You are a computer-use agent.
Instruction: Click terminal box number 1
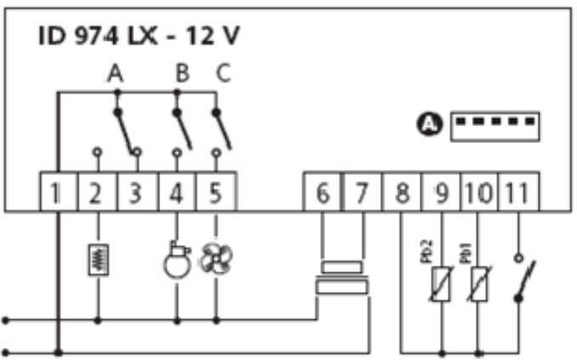coord(59,191)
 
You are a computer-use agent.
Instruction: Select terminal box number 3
coord(137,191)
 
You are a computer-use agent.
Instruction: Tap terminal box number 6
coord(323,191)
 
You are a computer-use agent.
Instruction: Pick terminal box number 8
coord(402,191)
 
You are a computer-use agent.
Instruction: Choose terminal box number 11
coord(518,191)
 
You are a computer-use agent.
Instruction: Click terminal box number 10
coord(479,191)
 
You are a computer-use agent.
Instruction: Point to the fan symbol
coord(216,259)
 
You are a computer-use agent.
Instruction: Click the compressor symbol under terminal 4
coord(177,260)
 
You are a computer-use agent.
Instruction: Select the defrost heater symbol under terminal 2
coord(98,260)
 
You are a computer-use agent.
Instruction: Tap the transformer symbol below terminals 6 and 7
coord(342,278)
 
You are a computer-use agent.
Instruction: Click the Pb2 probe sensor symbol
coord(441,283)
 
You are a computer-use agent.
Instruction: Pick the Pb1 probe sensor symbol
coord(479,283)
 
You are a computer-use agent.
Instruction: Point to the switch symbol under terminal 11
coord(524,278)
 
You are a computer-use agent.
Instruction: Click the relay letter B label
coord(182,73)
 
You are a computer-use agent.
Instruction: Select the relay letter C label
coord(223,73)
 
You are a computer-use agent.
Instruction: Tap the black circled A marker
coord(430,124)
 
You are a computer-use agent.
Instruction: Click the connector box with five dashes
coord(495,127)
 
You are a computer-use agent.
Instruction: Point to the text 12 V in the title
coord(213,36)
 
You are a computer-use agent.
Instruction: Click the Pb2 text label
coord(426,251)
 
